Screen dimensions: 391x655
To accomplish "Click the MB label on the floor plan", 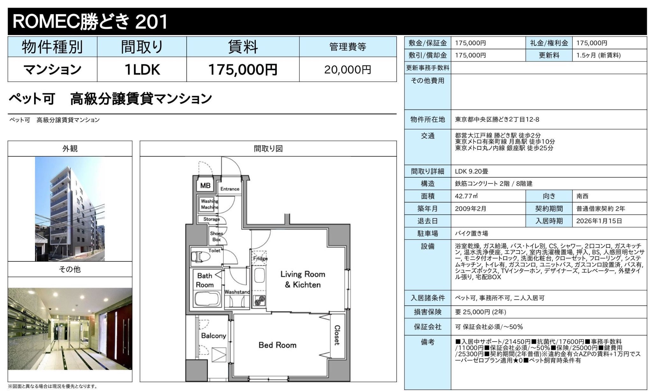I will pyautogui.click(x=205, y=185).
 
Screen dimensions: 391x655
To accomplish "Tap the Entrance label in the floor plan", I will pyautogui.click(x=230, y=189).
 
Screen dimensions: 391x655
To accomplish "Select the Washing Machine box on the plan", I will pyautogui.click(x=209, y=204).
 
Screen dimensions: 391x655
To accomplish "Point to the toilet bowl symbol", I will pyautogui.click(x=198, y=257).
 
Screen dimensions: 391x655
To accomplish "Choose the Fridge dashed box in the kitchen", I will pyautogui.click(x=260, y=258).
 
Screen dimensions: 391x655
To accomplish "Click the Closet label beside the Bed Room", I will pyautogui.click(x=337, y=335).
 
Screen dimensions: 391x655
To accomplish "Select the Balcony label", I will pyautogui.click(x=213, y=336).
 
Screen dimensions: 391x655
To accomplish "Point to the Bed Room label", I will pyautogui.click(x=277, y=345).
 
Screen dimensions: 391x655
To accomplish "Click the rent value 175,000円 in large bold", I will pyautogui.click(x=242, y=70).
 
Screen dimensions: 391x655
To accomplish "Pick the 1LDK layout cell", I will pyautogui.click(x=142, y=70).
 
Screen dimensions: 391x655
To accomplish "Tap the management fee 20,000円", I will pyautogui.click(x=348, y=70).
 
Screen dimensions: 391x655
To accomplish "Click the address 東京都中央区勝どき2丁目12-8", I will pyautogui.click(x=497, y=119).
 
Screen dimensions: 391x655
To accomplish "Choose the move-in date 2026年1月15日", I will pyautogui.click(x=599, y=221).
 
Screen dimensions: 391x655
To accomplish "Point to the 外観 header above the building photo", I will pyautogui.click(x=70, y=149).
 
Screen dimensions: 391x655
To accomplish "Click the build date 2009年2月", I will pyautogui.click(x=471, y=209).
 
